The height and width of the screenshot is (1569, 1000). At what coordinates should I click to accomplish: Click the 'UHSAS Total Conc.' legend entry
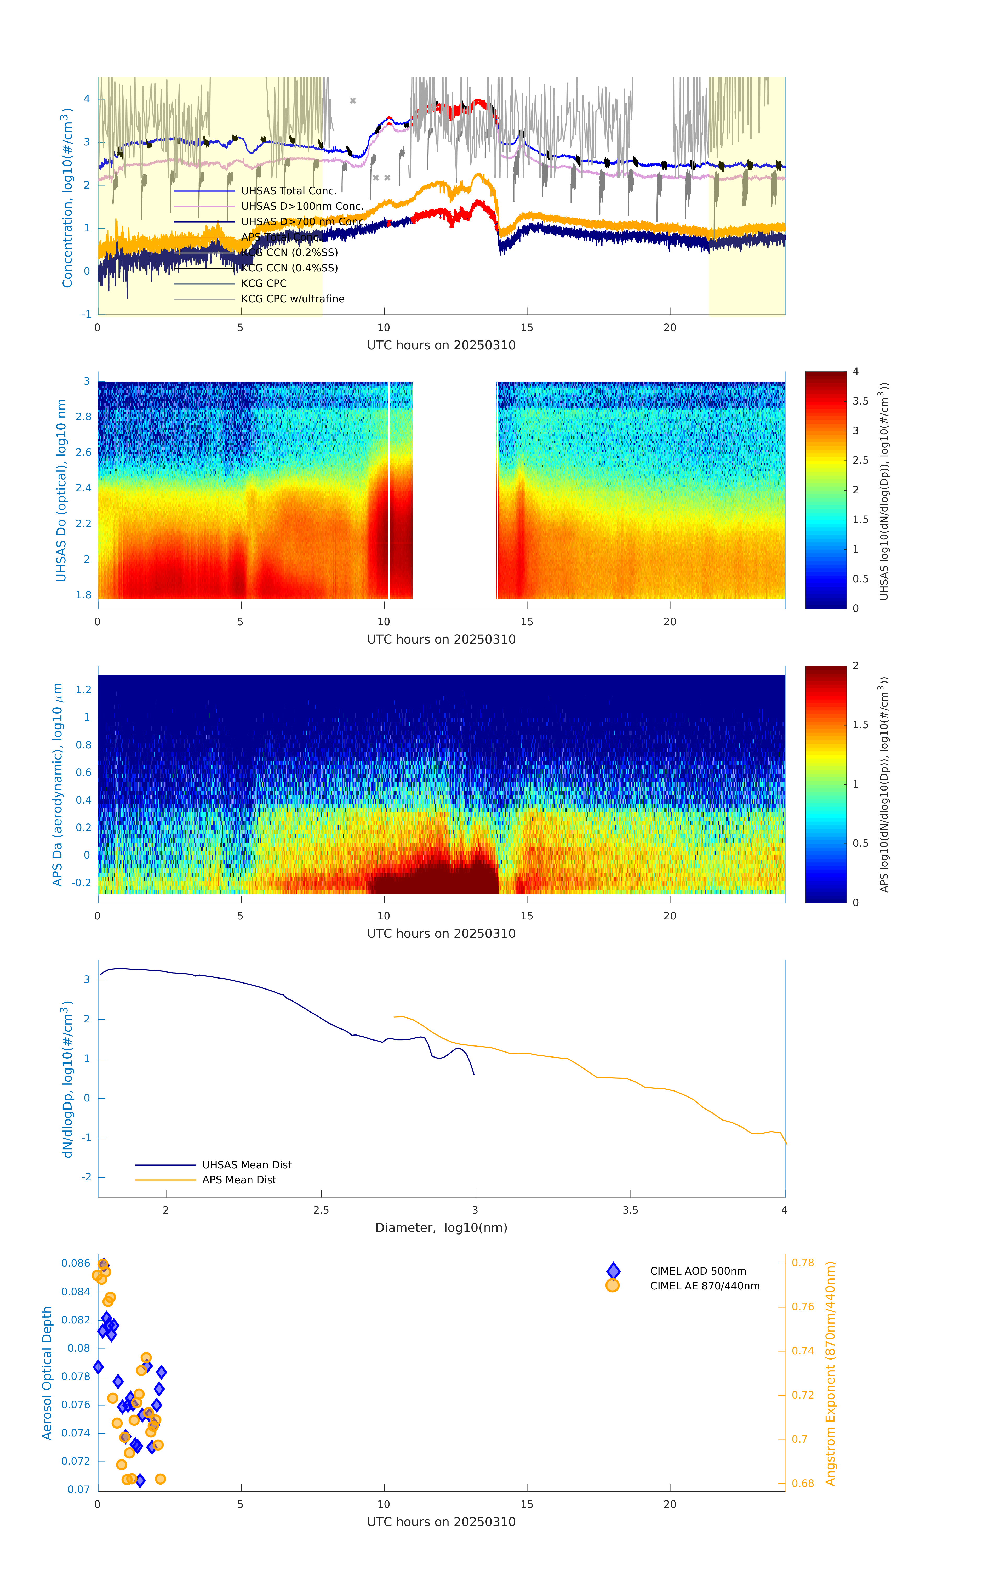click(x=289, y=191)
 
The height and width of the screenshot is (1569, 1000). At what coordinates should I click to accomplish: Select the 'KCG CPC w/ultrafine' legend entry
click(x=293, y=299)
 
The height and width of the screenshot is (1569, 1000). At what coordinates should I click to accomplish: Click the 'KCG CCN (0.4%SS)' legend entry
click(x=289, y=268)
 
